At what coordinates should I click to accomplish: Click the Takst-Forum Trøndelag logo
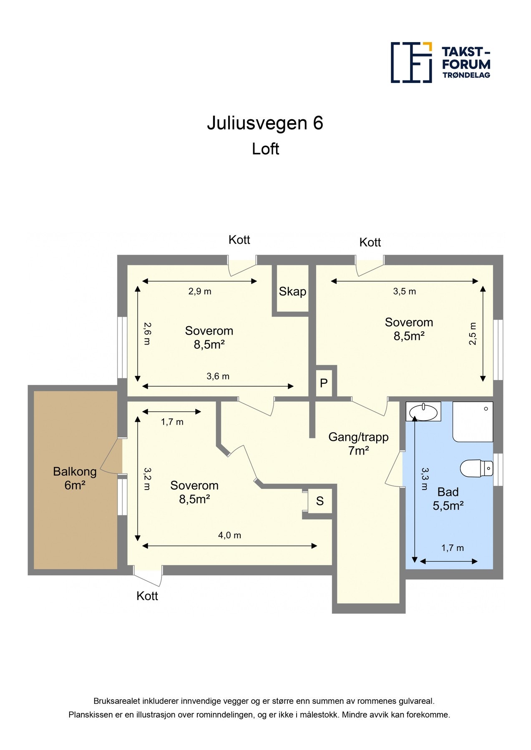[440, 62]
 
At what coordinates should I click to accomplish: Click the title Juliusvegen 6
[265, 123]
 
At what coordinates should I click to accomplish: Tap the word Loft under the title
[265, 149]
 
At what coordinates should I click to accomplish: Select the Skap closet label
[292, 292]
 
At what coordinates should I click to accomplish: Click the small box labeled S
[320, 501]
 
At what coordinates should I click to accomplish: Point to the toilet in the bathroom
[476, 468]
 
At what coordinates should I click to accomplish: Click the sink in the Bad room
[423, 412]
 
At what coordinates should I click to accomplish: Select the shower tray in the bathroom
[473, 422]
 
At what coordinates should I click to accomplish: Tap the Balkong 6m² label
[75, 478]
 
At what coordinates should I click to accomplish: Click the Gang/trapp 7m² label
[358, 444]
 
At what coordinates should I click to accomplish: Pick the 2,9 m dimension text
[200, 292]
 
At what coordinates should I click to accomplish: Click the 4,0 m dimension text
[229, 535]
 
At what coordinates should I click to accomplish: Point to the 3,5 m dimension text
[404, 292]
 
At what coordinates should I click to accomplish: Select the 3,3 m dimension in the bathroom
[425, 478]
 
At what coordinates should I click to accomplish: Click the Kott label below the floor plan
[147, 596]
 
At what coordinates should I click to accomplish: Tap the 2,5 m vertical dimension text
[473, 334]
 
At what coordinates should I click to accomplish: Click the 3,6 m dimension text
[218, 377]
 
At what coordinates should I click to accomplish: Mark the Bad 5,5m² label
[448, 499]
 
